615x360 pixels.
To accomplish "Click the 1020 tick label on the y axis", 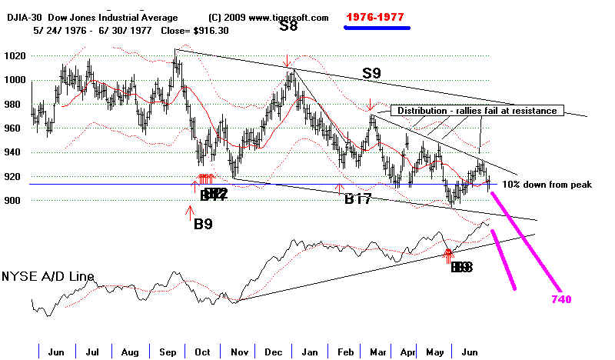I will [15, 56].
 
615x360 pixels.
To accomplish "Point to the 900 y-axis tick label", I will [13, 201].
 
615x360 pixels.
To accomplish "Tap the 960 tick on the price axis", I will [13, 128].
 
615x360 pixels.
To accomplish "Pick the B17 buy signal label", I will [358, 198].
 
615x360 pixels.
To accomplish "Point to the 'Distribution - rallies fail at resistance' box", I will [477, 111].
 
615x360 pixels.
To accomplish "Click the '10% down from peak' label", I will [547, 185].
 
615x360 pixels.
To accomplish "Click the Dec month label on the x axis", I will [272, 352].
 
